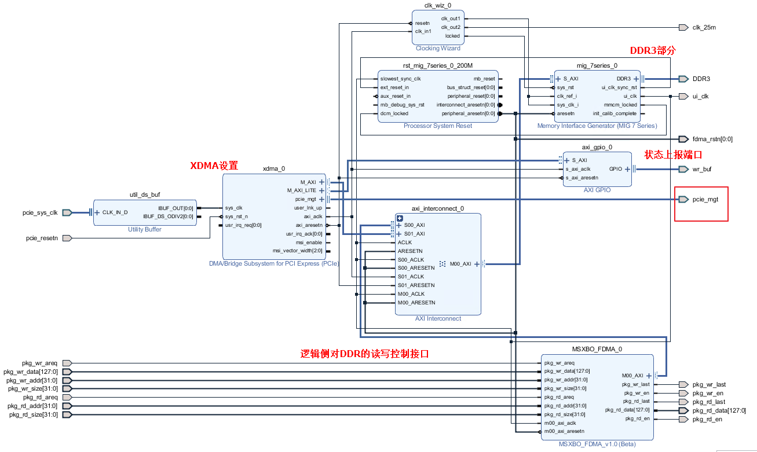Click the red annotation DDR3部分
653,50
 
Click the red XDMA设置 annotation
214,166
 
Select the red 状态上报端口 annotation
673,155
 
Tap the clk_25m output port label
704,27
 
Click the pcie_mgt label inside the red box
705,199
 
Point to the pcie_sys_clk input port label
40,212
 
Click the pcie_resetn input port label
42,238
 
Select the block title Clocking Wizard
438,48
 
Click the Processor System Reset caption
437,126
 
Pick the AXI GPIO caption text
597,190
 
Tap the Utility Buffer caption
145,229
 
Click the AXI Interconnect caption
438,318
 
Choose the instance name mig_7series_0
597,65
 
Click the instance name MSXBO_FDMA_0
597,349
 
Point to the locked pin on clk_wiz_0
452,36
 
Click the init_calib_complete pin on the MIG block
615,113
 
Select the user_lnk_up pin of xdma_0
308,208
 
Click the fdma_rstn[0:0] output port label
712,139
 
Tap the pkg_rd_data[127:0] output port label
715,410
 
